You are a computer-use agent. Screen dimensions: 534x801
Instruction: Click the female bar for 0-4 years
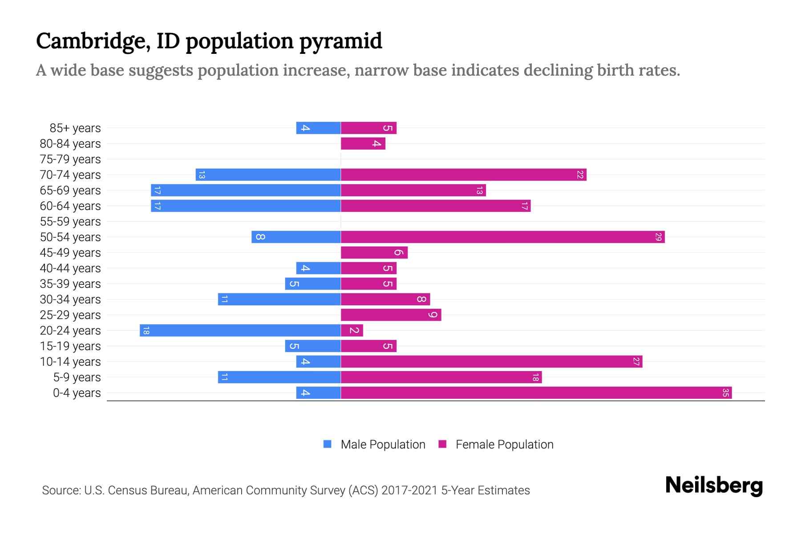click(x=534, y=393)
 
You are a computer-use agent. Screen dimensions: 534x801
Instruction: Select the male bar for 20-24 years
click(x=240, y=331)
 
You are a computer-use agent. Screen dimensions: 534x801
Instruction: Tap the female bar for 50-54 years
click(x=503, y=237)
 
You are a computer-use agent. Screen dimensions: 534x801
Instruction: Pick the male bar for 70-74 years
click(x=268, y=175)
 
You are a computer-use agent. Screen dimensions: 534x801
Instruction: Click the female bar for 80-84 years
click(x=363, y=144)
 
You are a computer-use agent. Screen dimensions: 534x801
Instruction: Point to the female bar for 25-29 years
click(x=391, y=315)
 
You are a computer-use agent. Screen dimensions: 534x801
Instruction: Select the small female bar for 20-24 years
click(x=352, y=331)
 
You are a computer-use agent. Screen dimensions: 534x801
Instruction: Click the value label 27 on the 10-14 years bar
click(x=636, y=362)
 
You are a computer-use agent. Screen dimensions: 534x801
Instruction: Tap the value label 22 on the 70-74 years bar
click(x=580, y=175)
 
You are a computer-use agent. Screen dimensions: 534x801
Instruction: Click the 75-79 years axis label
click(x=70, y=159)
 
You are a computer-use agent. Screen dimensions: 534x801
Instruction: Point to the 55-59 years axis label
click(x=70, y=222)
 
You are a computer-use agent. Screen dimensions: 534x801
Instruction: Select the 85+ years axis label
click(x=75, y=128)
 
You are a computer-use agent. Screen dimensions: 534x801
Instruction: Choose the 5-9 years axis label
click(x=77, y=377)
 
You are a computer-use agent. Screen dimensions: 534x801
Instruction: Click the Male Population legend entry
click(x=383, y=445)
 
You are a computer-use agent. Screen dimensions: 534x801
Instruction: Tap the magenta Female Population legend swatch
click(x=442, y=444)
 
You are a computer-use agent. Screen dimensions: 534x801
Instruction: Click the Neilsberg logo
click(x=714, y=485)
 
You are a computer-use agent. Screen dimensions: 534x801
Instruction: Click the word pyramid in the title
click(x=340, y=41)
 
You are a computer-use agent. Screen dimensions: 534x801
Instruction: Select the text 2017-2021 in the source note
click(x=409, y=490)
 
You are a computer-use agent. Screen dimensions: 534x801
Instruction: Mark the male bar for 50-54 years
click(x=296, y=237)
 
